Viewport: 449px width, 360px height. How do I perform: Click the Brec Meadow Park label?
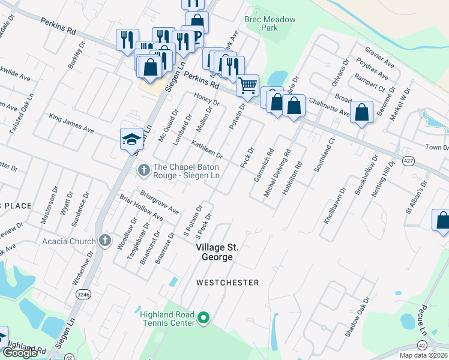(x=270, y=23)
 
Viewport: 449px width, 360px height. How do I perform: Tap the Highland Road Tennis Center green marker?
(x=204, y=318)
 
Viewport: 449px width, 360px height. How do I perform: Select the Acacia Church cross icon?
(x=105, y=241)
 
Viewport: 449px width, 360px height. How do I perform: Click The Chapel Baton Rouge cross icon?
(x=143, y=171)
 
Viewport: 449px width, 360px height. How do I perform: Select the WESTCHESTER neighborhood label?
(x=228, y=283)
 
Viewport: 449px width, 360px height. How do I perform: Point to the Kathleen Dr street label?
(x=207, y=149)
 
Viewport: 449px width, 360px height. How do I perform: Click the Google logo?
(x=20, y=353)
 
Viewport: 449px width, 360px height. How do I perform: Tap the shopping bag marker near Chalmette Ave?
(x=361, y=112)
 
